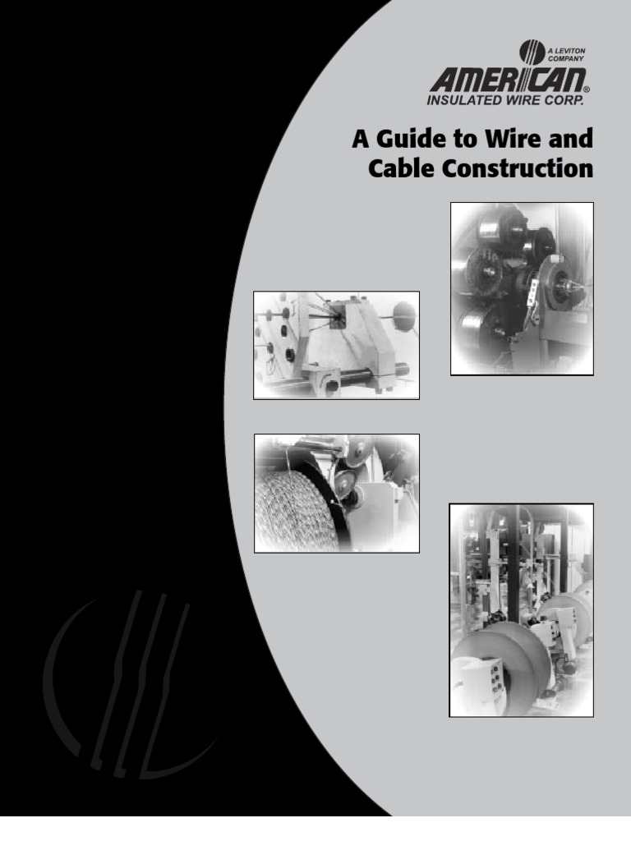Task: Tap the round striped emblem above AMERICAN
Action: point(532,53)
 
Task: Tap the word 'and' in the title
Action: point(572,139)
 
